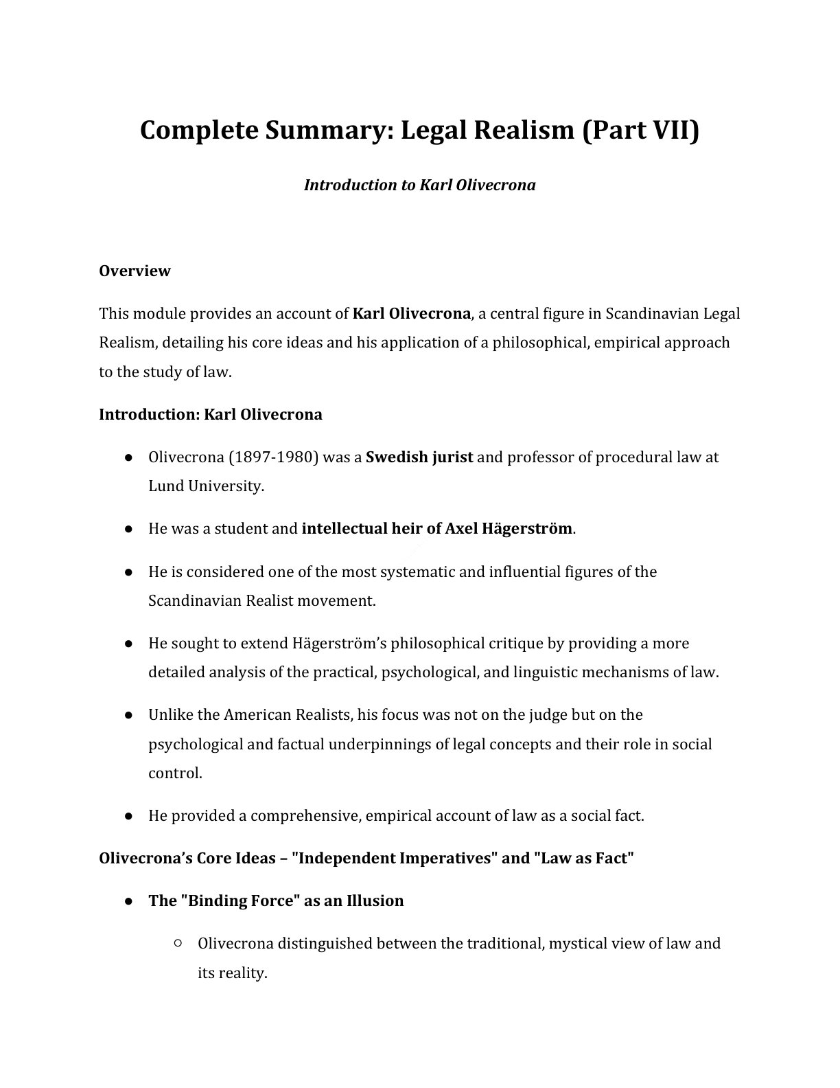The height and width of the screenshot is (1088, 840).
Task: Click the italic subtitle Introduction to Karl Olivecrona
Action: click(419, 185)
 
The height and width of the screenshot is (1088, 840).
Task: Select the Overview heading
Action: click(135, 271)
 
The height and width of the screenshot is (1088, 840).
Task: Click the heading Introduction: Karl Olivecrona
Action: click(210, 414)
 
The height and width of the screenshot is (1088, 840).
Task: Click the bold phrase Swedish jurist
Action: click(419, 457)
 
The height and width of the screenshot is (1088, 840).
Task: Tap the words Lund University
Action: click(205, 486)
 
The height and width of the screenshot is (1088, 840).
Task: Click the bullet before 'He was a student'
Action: click(128, 529)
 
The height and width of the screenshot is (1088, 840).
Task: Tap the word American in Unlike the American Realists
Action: click(258, 714)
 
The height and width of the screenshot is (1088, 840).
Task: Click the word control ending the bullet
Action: click(174, 773)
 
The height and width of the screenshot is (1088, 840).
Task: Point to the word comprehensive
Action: click(305, 815)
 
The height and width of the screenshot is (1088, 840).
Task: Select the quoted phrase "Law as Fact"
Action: click(583, 858)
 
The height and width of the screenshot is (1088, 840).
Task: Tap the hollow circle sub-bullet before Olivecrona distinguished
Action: click(178, 944)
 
